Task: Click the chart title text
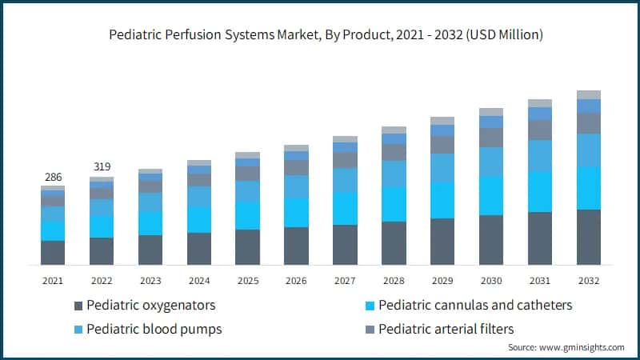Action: [x=320, y=34]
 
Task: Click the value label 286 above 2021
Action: [x=53, y=177]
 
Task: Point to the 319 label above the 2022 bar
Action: [x=102, y=167]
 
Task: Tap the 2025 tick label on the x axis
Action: [x=247, y=281]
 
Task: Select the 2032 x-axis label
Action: [x=588, y=281]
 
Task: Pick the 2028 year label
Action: [x=394, y=281]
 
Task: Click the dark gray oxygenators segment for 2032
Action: [x=588, y=237]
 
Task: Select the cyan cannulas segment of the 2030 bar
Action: [x=491, y=195]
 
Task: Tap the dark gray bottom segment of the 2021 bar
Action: [x=53, y=252]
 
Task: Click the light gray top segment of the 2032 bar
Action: [x=588, y=94]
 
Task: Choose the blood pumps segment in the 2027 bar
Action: [x=345, y=180]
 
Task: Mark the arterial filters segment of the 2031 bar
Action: [x=540, y=130]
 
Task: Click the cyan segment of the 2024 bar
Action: [x=198, y=219]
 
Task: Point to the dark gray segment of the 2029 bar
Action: [x=442, y=241]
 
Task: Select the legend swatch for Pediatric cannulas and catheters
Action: [x=369, y=306]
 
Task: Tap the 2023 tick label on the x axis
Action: [x=150, y=281]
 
